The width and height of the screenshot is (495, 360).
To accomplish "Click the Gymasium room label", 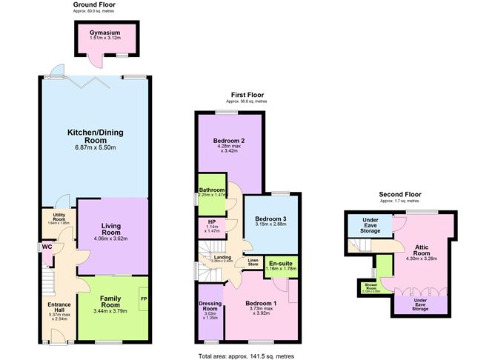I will (104, 33).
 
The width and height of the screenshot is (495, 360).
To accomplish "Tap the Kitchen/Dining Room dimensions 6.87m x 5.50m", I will (95, 147).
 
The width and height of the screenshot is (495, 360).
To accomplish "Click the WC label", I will (47, 247).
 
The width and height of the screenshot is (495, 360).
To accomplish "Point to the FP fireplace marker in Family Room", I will (143, 300).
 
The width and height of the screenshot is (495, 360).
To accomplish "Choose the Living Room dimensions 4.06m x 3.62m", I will (113, 239).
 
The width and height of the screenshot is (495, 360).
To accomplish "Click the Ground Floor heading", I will (95, 4).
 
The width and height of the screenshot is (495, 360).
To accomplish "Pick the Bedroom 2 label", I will (229, 141).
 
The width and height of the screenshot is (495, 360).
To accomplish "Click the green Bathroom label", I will (211, 190).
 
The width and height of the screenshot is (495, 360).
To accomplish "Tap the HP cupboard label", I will (213, 222).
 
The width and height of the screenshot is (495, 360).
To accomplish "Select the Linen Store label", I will (253, 262).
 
